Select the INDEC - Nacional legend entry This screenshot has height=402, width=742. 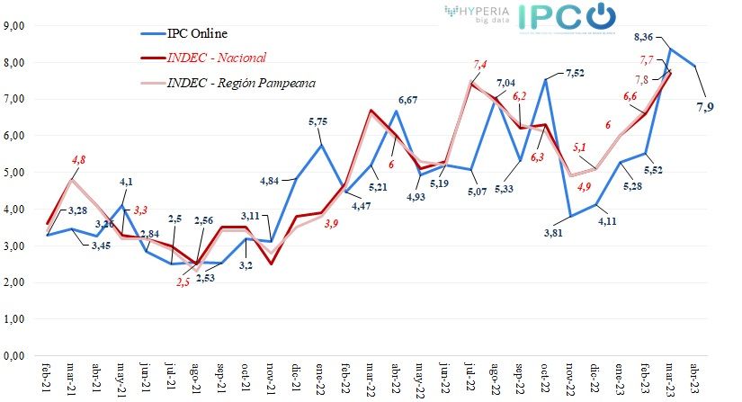tap(216, 58)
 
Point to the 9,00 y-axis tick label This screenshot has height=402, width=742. tap(14, 25)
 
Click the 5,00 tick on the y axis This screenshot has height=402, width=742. tap(14, 172)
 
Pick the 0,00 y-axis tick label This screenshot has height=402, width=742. tap(14, 356)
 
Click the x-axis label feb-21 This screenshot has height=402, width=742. tap(47, 377)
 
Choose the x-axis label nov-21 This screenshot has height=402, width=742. tap(271, 377)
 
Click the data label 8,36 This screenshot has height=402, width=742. tap(645, 36)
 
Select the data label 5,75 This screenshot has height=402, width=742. tap(320, 121)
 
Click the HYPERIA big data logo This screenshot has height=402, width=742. tap(476, 13)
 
